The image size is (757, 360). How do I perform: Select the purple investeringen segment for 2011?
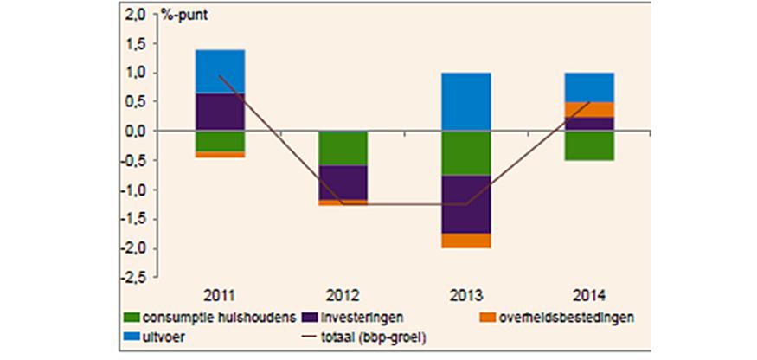(220, 112)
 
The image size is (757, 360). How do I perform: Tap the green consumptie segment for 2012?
(343, 148)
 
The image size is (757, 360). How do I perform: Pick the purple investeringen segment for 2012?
(343, 182)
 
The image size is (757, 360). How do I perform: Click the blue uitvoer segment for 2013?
(467, 101)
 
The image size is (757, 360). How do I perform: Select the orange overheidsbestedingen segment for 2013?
(467, 241)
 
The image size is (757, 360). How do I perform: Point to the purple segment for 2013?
(467, 204)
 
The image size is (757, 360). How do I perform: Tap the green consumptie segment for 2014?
(590, 145)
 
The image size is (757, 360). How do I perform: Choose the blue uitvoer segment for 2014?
(590, 87)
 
